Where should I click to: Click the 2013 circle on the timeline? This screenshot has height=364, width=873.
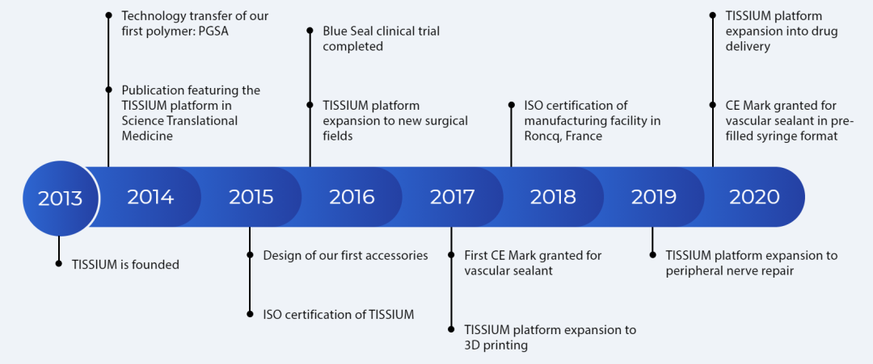(x=60, y=198)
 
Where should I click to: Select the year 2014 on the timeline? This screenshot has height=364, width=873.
(x=150, y=197)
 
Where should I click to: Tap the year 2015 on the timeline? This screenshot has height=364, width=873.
(x=251, y=197)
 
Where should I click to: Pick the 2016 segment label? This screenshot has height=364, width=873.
(x=352, y=197)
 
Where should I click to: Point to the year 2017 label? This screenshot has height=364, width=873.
(x=452, y=197)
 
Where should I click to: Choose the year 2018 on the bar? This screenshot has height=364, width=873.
(x=553, y=197)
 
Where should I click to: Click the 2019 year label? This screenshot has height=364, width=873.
(x=654, y=197)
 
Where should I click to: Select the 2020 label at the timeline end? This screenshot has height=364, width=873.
(x=754, y=197)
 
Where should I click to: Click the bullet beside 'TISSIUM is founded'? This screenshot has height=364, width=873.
(x=58, y=264)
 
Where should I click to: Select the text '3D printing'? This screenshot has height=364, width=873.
(x=496, y=345)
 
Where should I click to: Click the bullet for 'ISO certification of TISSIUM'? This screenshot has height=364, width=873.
(x=250, y=314)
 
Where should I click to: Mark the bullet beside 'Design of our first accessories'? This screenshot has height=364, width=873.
(x=250, y=255)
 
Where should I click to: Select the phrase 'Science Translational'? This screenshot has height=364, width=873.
(x=179, y=120)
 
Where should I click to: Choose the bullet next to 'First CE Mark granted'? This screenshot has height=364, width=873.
(x=451, y=255)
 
